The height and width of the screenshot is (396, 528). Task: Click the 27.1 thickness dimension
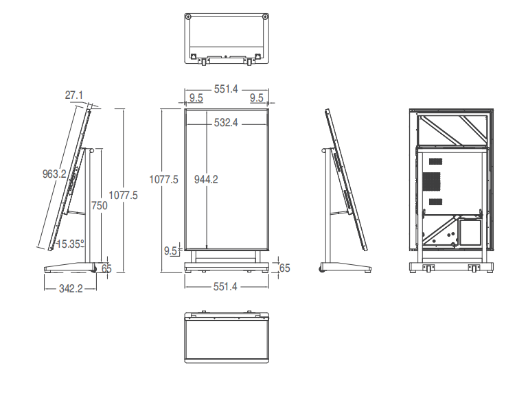click(x=74, y=95)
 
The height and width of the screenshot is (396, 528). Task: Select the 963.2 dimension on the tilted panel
click(x=54, y=174)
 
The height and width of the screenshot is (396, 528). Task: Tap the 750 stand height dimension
click(x=100, y=205)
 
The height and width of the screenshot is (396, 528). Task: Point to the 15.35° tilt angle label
click(x=71, y=244)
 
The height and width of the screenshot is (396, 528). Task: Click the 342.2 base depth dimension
click(x=71, y=289)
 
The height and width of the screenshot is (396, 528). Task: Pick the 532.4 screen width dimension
click(x=226, y=122)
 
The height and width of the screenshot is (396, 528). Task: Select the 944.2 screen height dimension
click(x=206, y=179)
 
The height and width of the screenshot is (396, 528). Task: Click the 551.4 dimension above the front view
click(x=226, y=89)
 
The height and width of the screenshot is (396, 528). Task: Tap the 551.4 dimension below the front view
click(x=225, y=287)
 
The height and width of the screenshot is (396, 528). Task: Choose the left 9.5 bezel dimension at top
click(x=196, y=98)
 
